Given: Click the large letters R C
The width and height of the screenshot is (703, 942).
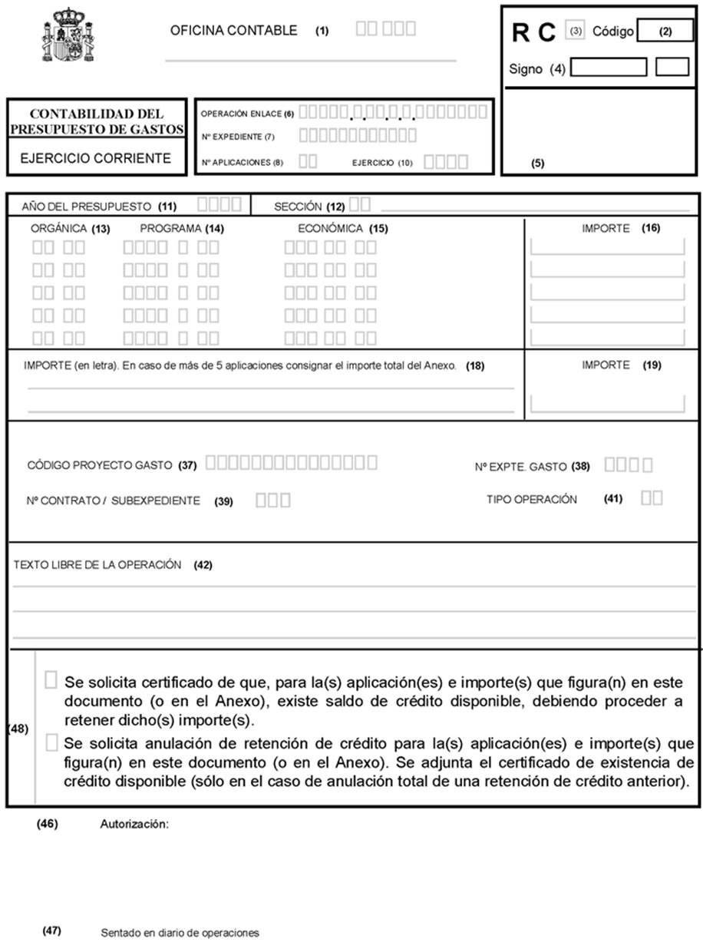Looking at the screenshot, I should click(533, 33).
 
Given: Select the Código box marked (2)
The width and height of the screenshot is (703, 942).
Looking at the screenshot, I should click(665, 31).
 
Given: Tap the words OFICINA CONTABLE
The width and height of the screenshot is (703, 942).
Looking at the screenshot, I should click(233, 31).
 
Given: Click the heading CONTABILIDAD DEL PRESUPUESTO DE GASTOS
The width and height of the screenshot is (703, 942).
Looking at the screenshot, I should click(97, 121).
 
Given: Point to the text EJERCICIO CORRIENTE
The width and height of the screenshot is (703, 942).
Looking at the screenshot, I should click(95, 159).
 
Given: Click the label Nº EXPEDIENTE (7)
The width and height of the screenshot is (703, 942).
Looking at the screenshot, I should click(237, 137).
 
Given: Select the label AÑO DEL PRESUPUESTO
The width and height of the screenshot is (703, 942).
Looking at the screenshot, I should click(87, 207).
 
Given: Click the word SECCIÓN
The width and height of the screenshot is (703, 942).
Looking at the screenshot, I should click(297, 207).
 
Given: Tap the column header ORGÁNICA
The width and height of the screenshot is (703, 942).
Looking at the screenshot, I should click(59, 228).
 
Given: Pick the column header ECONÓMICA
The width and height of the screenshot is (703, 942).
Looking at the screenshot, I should click(330, 228).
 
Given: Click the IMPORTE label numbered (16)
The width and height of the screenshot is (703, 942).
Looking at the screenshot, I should click(606, 228).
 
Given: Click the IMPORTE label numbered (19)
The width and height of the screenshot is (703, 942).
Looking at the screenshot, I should click(606, 365).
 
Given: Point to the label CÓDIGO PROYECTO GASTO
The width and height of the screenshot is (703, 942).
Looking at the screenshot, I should click(101, 465).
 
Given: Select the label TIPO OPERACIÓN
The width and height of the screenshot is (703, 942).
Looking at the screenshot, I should click(531, 499).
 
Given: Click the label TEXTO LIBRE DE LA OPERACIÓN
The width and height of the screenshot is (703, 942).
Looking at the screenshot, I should click(97, 564).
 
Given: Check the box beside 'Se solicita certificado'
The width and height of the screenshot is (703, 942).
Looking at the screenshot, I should click(51, 679).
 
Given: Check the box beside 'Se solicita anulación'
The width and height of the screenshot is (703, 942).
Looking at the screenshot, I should click(51, 741).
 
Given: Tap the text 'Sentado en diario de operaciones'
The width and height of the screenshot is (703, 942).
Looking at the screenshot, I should click(180, 933).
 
